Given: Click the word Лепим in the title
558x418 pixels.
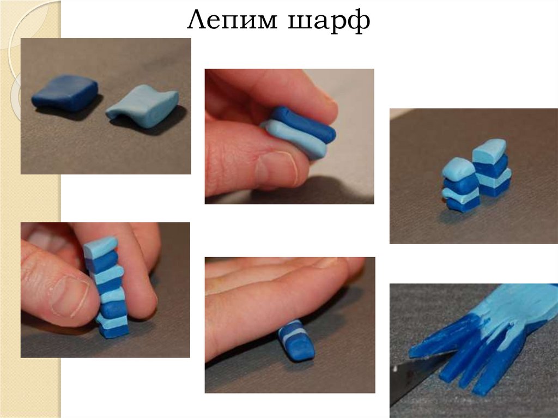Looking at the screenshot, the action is coord(232,20).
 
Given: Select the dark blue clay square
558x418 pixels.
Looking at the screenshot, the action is coord(65,93).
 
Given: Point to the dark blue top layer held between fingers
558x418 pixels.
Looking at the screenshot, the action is coord(302,124).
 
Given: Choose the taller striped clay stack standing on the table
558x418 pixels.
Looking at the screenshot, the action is coord(492,167).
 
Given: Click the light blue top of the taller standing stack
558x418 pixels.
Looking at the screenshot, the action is coord(490,149).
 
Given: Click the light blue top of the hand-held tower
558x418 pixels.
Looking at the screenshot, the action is coord(101,246).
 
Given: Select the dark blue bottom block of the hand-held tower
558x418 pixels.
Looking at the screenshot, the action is coord(114,331).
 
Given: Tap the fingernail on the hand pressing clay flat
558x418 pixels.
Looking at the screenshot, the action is coord(327,262).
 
